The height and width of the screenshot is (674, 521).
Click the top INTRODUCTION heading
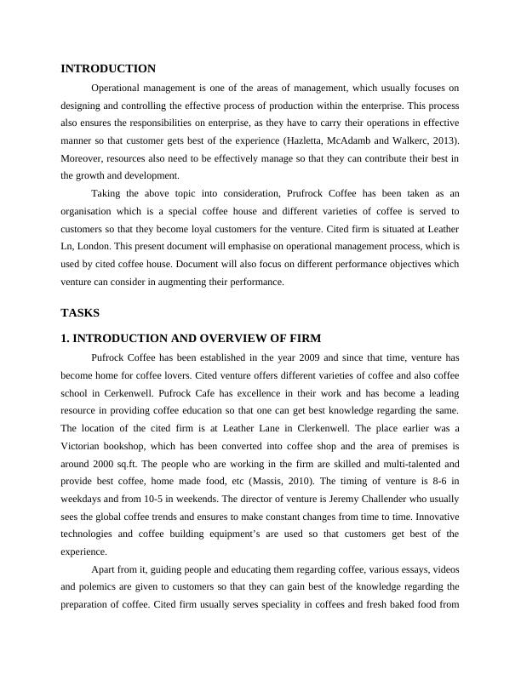(108, 68)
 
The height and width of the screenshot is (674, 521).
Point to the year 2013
(443, 140)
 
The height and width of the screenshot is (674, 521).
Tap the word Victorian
(91, 447)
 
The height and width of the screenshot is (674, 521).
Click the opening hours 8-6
(436, 483)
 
